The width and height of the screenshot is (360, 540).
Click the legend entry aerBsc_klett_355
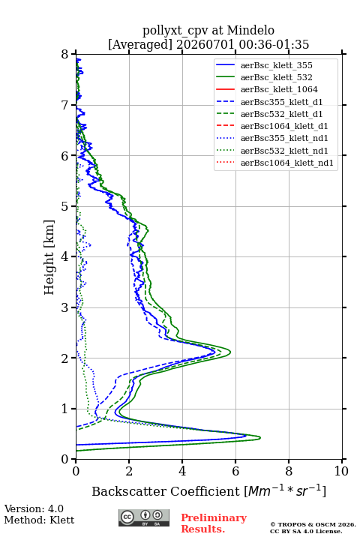(x=276, y=65)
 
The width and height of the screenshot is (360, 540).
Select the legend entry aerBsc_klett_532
(x=276, y=77)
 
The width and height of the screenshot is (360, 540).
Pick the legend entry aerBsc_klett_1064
(x=279, y=89)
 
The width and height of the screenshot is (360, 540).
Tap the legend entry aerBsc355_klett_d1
(x=281, y=102)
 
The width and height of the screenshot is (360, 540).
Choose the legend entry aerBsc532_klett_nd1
(x=284, y=151)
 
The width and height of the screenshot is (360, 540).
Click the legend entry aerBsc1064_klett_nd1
(x=287, y=163)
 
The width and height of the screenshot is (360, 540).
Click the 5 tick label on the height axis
(x=65, y=206)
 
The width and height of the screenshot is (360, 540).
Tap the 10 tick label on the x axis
(x=341, y=471)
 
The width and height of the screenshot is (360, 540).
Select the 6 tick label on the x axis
(x=235, y=471)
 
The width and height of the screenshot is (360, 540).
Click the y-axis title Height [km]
(x=49, y=257)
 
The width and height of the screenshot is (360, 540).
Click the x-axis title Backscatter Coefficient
(x=166, y=491)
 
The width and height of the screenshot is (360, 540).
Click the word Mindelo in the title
(x=250, y=30)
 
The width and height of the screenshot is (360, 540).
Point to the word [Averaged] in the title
(x=140, y=44)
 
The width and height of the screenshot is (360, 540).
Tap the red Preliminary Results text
(x=214, y=523)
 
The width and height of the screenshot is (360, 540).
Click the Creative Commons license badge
(x=144, y=517)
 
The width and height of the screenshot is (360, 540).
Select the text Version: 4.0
(x=34, y=508)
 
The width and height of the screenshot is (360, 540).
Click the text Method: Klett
(x=39, y=520)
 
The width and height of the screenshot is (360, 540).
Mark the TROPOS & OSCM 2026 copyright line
(x=313, y=524)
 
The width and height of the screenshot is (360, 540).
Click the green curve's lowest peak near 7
(x=259, y=438)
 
